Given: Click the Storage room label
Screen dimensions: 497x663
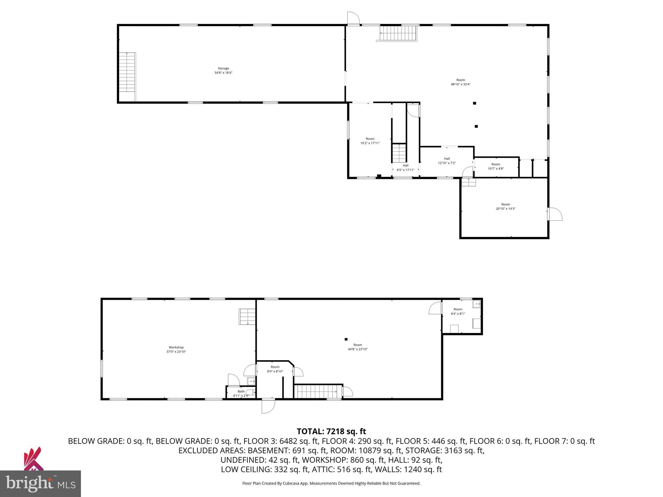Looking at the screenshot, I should click(223, 71).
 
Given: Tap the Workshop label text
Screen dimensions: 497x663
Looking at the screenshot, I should click(176, 349).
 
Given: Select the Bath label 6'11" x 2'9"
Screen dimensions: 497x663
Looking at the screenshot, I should click(241, 393).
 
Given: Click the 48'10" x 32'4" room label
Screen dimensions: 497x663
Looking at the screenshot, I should click(460, 82).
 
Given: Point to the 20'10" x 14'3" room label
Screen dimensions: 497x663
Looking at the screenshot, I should click(505, 206).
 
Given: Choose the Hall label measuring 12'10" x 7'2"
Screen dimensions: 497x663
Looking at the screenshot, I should click(447, 161).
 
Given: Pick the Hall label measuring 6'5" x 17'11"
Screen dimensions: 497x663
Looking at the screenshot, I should click(405, 168).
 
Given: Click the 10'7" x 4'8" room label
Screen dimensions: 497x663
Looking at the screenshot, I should click(496, 166).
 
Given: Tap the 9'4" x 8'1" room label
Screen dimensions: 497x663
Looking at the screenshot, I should click(458, 311).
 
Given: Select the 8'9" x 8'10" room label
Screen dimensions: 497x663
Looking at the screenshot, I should click(275, 369).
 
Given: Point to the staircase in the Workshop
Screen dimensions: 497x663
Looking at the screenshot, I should click(247, 317).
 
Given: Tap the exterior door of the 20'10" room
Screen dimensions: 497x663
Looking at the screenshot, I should click(555, 214).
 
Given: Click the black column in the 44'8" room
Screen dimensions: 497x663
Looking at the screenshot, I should click(346, 339).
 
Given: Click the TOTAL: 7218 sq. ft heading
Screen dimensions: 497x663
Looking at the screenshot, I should click(331, 431).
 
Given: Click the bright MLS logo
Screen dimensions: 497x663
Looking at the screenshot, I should click(40, 483).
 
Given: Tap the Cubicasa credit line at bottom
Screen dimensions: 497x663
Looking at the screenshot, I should click(331, 483).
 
